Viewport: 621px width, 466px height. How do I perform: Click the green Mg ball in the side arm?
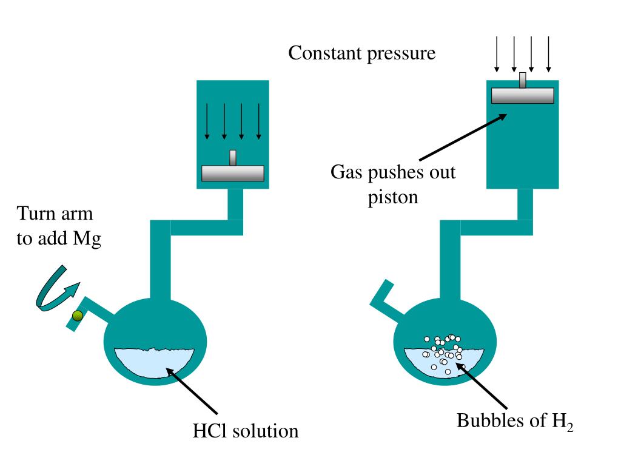point(77,315)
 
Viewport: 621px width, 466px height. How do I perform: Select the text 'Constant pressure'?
point(361,53)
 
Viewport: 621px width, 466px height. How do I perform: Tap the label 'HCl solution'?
point(245,431)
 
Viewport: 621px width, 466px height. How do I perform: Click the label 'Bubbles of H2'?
point(514,421)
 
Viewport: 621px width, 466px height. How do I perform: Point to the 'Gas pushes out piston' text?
point(392,184)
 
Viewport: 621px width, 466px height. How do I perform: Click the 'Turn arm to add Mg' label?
point(58,226)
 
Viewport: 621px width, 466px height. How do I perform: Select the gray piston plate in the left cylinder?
point(232,173)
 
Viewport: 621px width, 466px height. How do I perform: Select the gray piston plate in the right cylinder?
point(522,95)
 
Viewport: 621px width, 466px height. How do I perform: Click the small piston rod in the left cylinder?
point(232,158)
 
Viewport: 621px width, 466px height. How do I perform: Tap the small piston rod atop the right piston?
point(522,80)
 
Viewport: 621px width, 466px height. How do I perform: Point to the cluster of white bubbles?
point(443,352)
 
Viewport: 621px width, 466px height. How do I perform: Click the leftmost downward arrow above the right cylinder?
point(497,53)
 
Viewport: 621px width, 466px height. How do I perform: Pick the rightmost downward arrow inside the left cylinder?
point(259,121)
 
